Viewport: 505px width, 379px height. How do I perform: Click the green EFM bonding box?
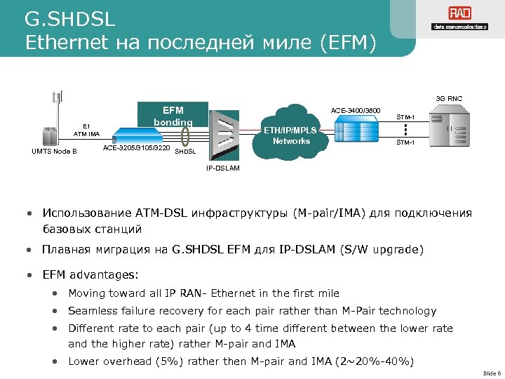(x=173, y=116)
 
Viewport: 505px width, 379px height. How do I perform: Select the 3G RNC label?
(x=449, y=98)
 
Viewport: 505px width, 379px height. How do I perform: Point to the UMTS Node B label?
(x=54, y=151)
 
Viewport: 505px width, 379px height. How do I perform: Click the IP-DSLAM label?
(x=223, y=168)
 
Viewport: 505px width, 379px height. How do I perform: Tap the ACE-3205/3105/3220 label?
(x=136, y=148)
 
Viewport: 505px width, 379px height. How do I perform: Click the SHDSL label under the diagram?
(x=185, y=152)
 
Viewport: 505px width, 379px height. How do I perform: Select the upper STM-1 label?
(x=406, y=117)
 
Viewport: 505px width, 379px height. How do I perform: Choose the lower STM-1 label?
(x=406, y=142)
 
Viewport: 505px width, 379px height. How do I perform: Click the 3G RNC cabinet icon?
(x=449, y=128)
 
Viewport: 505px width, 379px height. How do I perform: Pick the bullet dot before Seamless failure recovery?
(x=54, y=311)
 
